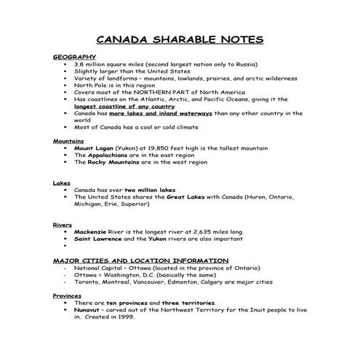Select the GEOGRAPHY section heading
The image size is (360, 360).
(74, 56)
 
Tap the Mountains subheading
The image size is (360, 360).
(68, 140)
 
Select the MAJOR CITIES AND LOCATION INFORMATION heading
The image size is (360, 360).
(140, 260)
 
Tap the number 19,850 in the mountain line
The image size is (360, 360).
(150, 148)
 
